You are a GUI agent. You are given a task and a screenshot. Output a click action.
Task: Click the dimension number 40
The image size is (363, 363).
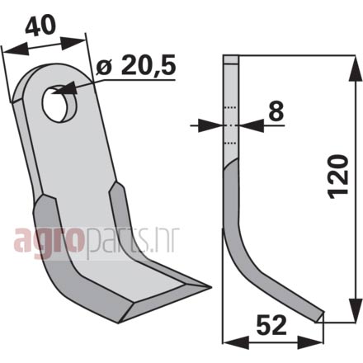click(x=40, y=26)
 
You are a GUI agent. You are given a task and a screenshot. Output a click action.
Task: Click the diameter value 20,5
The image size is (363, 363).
click(x=148, y=66)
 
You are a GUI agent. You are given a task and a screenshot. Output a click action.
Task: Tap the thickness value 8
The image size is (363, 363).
click(x=276, y=111)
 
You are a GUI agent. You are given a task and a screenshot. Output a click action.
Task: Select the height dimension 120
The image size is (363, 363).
click(x=338, y=177)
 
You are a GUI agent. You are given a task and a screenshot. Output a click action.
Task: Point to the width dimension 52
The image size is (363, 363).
click(x=271, y=325)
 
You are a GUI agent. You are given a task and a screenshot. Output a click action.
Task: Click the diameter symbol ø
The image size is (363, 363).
click(x=104, y=68)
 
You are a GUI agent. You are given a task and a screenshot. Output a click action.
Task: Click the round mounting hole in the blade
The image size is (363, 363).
click(x=60, y=104)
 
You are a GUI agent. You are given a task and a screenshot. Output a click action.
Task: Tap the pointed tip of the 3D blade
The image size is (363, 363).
click(x=211, y=287)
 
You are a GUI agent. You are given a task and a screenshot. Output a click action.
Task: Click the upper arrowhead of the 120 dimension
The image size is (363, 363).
click(x=356, y=69)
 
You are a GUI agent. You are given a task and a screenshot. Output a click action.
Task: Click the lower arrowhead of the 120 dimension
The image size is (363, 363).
click(x=356, y=309)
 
